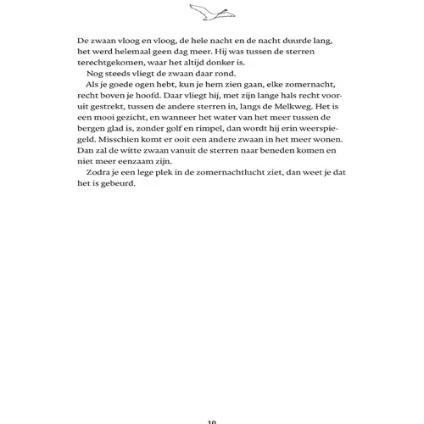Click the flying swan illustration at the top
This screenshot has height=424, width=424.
[x=212, y=12]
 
